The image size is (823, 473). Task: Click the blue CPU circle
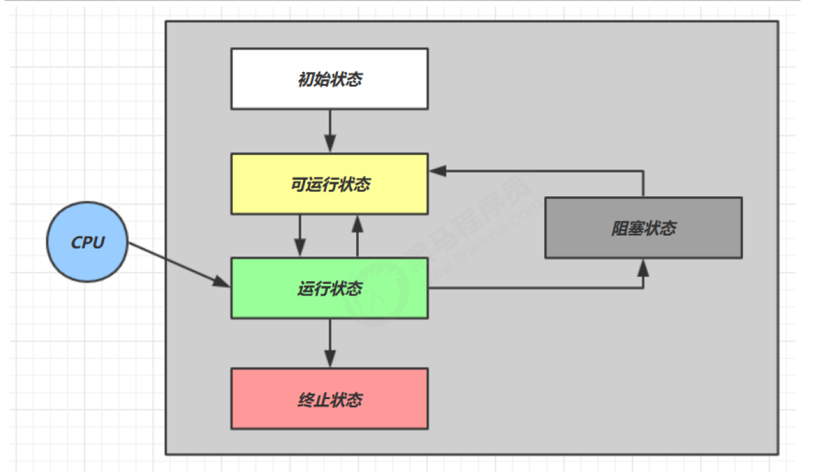pos(88,242)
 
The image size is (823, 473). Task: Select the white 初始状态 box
pos(329,79)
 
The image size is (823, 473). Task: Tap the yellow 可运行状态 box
pos(329,184)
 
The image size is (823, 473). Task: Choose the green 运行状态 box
pos(329,289)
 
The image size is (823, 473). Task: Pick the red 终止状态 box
pos(329,399)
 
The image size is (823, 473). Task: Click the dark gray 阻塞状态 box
pos(644,228)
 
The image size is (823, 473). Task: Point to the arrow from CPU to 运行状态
pos(179,264)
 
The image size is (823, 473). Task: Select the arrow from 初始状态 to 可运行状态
pos(330,131)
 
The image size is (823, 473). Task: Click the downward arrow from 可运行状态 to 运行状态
pos(300,236)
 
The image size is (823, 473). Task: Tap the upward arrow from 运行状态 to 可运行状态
pos(357,236)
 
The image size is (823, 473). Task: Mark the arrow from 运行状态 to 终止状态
pos(330,343)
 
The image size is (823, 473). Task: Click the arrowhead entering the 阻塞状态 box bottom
pos(643,268)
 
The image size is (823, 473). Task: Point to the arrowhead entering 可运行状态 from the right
pos(438,171)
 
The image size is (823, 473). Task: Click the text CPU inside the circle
pos(88,242)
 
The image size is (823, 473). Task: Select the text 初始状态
pos(330,79)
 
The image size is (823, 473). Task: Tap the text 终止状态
pos(330,400)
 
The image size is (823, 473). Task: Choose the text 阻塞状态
pos(644,228)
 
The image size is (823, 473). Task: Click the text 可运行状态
pos(330,184)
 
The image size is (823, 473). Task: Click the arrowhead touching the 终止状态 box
pos(330,359)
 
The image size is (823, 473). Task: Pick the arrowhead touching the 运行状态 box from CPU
pos(221,282)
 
